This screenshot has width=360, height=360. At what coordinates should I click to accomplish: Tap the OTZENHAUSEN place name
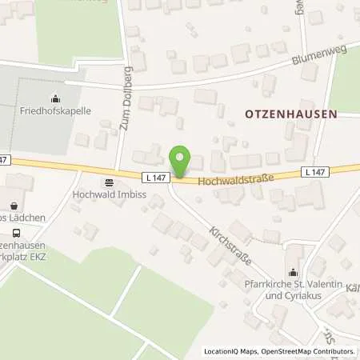(290, 114)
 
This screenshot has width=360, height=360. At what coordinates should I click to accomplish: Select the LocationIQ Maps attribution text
(230, 351)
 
